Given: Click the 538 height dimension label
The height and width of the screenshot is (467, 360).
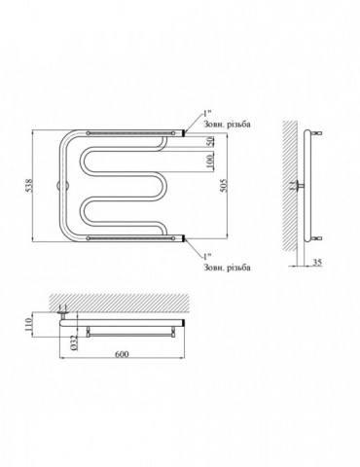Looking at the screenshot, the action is point(29,185).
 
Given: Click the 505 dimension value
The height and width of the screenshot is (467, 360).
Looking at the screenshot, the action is point(224,185).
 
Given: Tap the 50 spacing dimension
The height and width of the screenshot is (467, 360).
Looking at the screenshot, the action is point(210,141).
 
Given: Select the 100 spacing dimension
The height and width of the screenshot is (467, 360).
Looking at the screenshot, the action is point(210,162).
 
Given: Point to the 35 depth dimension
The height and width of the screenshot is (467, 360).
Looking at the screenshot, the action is point(317,262).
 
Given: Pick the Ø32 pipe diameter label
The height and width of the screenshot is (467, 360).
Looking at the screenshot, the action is point(74,342).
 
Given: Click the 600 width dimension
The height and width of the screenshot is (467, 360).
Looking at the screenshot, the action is point(122,354).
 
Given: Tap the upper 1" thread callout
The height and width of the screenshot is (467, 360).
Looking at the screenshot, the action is point(207,113).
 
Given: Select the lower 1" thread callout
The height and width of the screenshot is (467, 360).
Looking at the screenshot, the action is point(207,257).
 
